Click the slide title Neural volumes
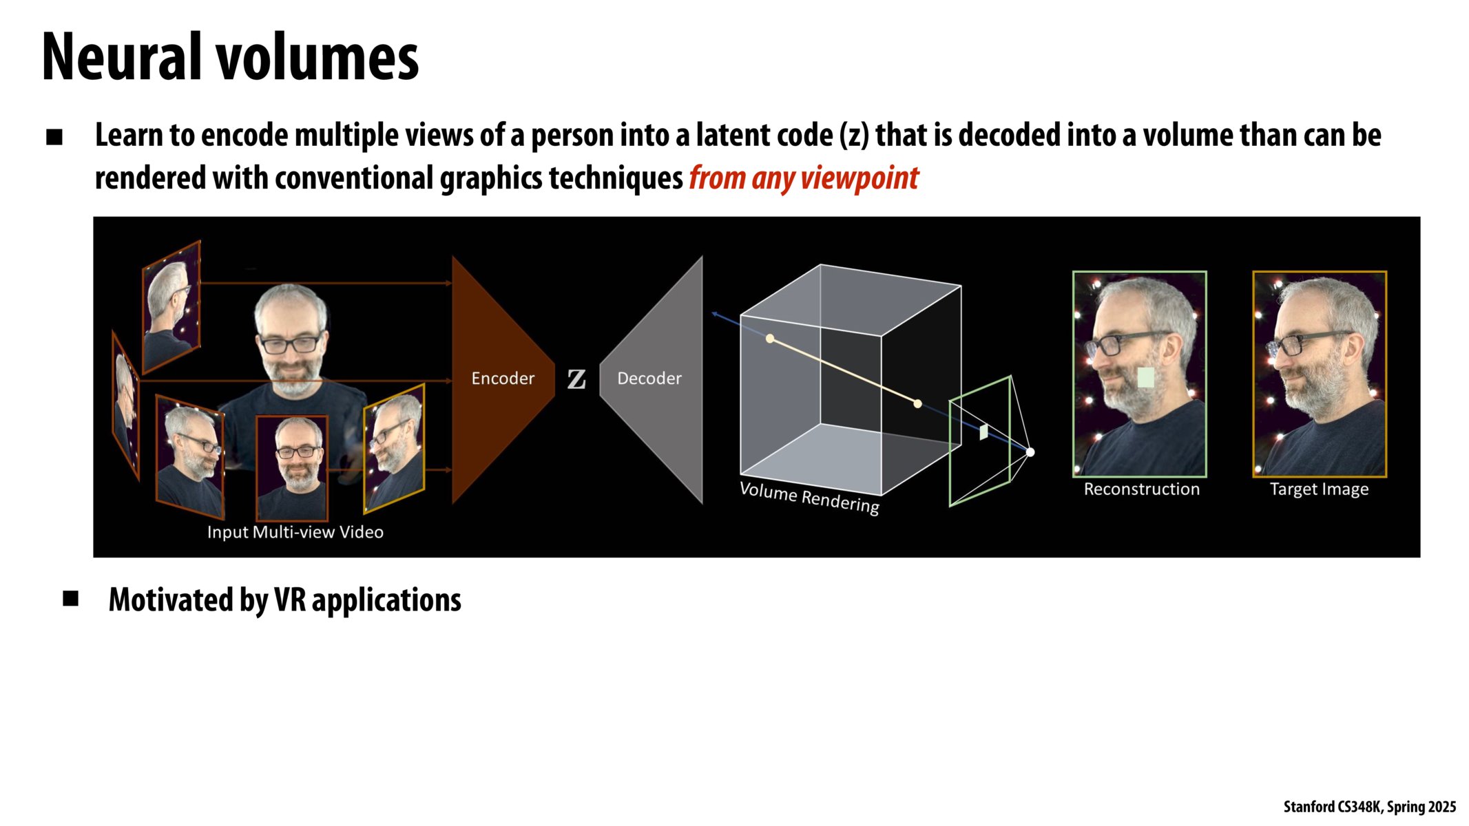coord(230,58)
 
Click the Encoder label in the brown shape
coord(503,379)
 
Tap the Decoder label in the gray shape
coord(649,379)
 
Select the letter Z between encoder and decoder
coord(576,379)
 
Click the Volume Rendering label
coord(809,498)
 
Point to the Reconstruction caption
coord(1141,489)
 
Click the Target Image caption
coord(1319,489)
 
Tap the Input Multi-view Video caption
coord(295,532)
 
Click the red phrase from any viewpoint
coord(804,178)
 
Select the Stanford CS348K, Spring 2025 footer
coord(1369,807)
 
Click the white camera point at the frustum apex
coord(1030,452)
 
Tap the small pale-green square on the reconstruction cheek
coord(1145,377)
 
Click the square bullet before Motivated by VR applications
coord(70,598)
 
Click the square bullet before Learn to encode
coord(54,137)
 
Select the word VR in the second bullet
coord(289,600)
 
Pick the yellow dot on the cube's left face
coord(770,339)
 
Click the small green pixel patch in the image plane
coord(983,432)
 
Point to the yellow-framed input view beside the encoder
coord(394,449)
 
